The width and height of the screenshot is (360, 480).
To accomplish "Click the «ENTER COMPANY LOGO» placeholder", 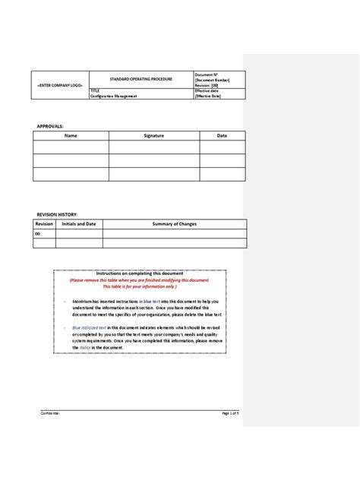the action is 61,87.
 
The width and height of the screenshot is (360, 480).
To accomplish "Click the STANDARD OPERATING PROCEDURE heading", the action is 141,79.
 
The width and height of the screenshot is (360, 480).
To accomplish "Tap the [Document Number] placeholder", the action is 211,79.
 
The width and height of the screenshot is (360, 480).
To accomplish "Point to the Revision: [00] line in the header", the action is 207,84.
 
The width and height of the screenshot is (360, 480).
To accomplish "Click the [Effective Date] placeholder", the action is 210,96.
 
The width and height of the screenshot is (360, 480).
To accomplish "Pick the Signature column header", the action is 154,135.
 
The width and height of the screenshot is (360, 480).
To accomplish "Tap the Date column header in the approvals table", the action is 223,135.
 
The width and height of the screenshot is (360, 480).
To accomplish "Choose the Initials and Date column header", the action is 78,224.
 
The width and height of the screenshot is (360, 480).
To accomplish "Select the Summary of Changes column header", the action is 174,224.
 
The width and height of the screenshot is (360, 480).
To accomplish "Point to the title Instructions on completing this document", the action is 140,273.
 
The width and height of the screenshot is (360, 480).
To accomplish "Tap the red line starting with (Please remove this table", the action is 139,279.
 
